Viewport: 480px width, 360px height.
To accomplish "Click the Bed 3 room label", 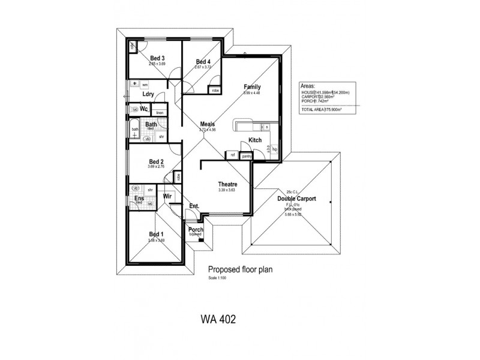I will (157, 58).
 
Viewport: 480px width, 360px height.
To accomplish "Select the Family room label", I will (252, 87).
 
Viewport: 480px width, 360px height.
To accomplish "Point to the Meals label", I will (208, 124).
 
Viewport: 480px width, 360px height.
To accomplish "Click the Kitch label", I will (255, 140).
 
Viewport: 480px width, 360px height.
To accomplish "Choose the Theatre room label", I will (227, 184).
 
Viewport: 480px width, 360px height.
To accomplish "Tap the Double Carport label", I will (296, 199).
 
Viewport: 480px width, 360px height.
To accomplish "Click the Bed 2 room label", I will (157, 161).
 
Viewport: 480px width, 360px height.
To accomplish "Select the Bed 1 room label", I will (156, 234).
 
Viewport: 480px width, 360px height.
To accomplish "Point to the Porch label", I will (196, 230).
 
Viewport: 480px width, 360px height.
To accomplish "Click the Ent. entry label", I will (194, 206).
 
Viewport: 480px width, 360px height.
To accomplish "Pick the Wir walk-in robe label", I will (168, 196).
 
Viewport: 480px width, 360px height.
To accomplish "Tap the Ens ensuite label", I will (139, 199).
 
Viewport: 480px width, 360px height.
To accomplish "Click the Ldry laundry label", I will (148, 94).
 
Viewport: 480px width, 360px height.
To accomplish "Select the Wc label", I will (144, 109).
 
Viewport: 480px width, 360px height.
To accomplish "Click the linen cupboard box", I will (160, 113).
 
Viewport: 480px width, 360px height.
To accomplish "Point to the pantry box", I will (246, 156).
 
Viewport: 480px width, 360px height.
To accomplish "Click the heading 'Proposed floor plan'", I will (240, 270).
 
